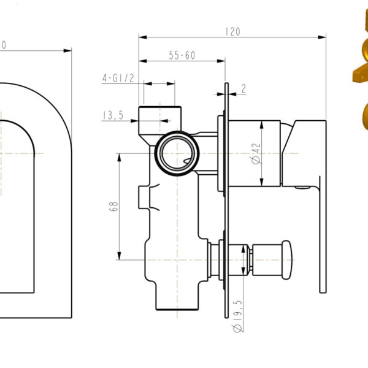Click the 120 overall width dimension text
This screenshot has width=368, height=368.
232,31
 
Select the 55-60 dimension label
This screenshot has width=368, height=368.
182,55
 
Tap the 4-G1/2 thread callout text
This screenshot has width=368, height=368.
118,78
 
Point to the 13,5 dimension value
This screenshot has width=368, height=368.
113,115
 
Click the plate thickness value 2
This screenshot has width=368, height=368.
243,89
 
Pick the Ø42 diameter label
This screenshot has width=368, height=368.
256,153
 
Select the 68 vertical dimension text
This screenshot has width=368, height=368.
113,206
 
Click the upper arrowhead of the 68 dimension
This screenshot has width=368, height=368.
119,156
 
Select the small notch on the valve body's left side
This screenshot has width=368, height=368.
144,197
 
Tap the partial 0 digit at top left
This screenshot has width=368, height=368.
4,44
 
